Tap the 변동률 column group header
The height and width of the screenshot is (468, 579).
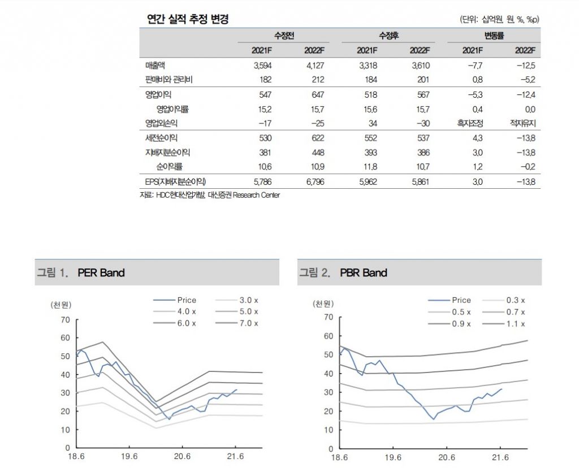[494, 36]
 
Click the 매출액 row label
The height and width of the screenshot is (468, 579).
[154, 66]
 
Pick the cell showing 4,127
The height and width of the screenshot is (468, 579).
[314, 66]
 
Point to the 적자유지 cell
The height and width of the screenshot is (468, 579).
[522, 123]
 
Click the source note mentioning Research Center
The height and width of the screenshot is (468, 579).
[209, 195]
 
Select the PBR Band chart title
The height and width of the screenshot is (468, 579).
[364, 273]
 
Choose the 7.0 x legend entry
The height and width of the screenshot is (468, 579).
[248, 323]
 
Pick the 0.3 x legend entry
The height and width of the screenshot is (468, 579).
[515, 300]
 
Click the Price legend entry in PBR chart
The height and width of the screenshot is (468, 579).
[461, 300]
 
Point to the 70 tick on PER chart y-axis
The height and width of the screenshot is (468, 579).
[65, 320]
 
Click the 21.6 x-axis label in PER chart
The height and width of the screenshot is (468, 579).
[235, 456]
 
